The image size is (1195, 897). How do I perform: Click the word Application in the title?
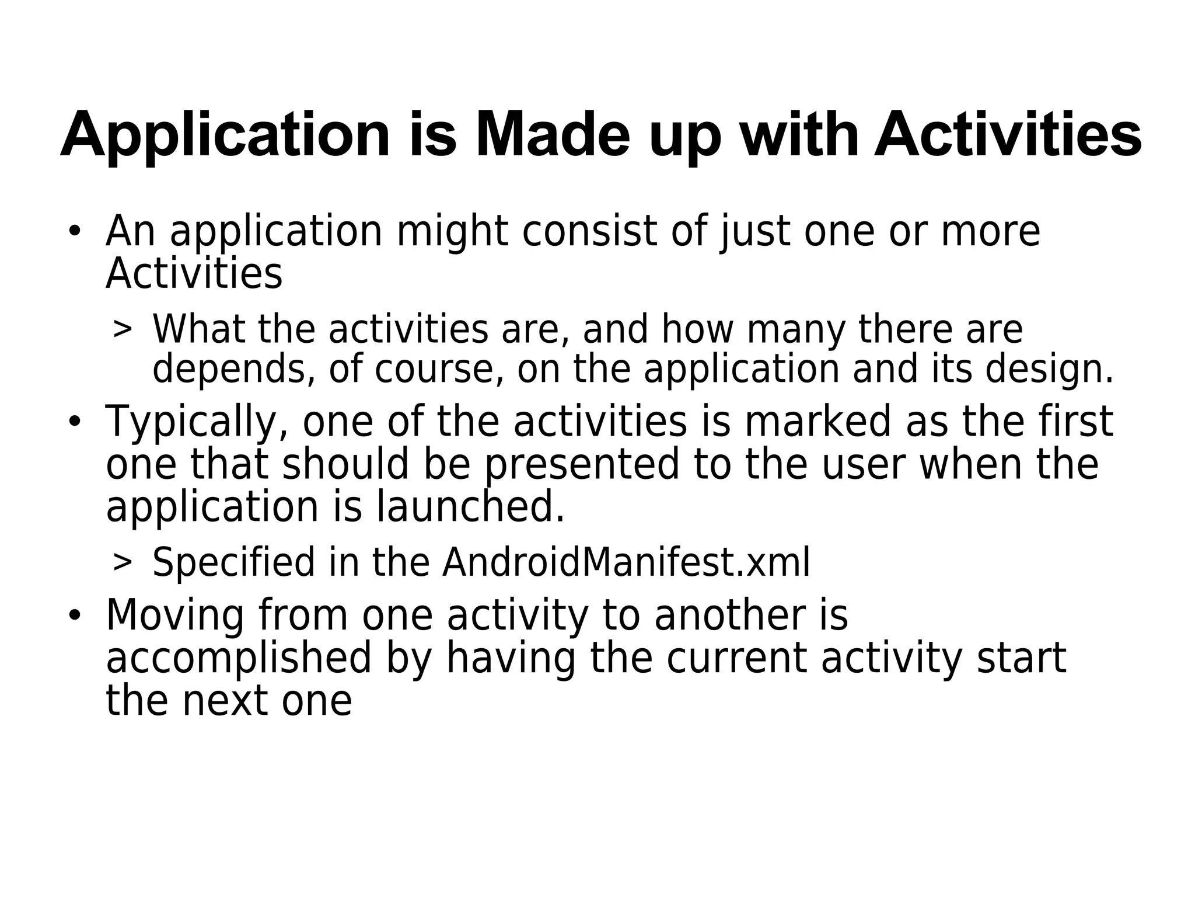(x=225, y=135)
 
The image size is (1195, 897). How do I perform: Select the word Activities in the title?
(x=1008, y=135)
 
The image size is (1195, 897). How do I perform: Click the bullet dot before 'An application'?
(x=74, y=231)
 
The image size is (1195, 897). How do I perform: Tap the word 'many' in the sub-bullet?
(x=796, y=330)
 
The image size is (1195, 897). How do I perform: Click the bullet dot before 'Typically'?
(x=74, y=422)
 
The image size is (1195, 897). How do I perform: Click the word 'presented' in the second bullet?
(x=582, y=465)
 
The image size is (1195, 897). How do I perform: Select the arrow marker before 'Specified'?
(x=122, y=563)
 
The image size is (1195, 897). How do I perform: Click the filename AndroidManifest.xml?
(x=626, y=563)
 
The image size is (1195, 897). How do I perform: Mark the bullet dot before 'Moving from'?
(x=74, y=616)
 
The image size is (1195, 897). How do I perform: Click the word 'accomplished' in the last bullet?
(x=239, y=659)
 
